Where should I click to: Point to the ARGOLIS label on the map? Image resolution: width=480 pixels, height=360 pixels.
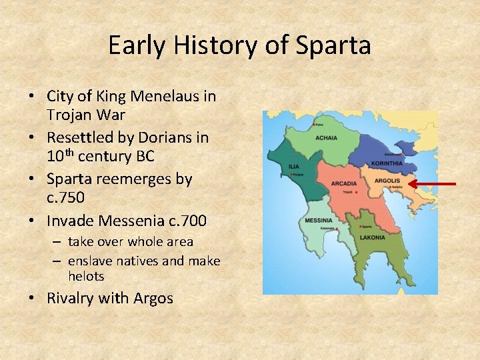coord(388,180)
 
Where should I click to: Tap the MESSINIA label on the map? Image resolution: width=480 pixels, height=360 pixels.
coord(319,221)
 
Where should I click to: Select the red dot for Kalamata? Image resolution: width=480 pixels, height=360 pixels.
coord(338,229)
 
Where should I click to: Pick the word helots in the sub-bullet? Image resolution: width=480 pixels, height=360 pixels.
coord(86,275)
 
